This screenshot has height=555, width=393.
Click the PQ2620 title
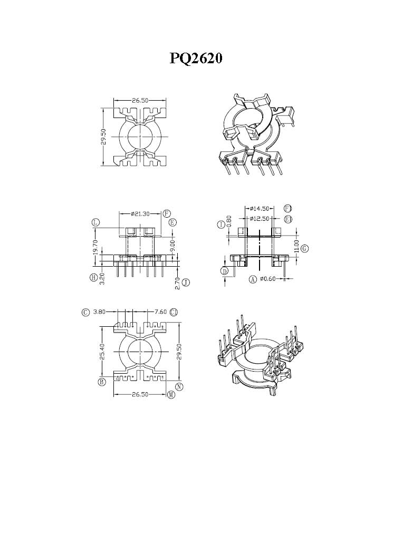click(x=196, y=59)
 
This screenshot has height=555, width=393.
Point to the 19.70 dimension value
click(x=95, y=248)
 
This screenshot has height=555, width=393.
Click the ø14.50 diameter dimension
click(x=260, y=208)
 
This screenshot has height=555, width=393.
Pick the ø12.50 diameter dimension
click(x=260, y=219)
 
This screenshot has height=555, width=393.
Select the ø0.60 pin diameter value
click(x=267, y=279)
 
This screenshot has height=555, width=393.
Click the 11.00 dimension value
click(x=296, y=247)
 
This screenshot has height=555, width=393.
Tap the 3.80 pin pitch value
click(x=99, y=312)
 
